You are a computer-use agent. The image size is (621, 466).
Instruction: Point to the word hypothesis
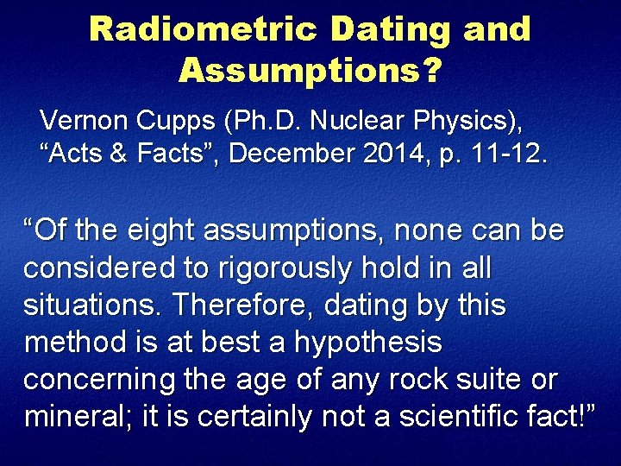click(x=367, y=343)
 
